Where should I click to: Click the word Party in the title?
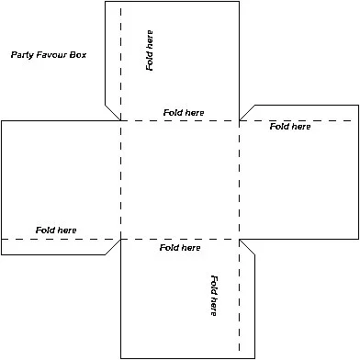coord(21,55)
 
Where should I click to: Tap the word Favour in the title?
coord(53,55)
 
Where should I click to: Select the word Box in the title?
coord(77,55)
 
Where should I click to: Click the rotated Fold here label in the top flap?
coord(150,51)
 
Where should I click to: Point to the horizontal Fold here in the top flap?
coord(184,112)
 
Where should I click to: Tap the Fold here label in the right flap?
coord(290,126)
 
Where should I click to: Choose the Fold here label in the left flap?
coord(56,230)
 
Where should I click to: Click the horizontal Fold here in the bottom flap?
coord(180,248)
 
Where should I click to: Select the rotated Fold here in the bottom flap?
coord(213,296)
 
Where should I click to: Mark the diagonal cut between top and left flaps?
coord(112,111)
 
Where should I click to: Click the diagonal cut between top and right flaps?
coord(246,112)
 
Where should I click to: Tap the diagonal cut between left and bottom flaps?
coord(112,247)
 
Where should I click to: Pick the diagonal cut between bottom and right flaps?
coord(247,247)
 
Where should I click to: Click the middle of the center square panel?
coord(180,180)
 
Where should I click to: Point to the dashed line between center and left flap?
coord(120,180)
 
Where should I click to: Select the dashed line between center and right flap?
coord(239,180)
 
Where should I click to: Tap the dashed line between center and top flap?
coord(180,120)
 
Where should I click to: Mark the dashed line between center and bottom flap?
coord(180,239)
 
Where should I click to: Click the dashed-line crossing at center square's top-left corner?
coord(120,120)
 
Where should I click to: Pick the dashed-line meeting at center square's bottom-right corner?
coord(239,239)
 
